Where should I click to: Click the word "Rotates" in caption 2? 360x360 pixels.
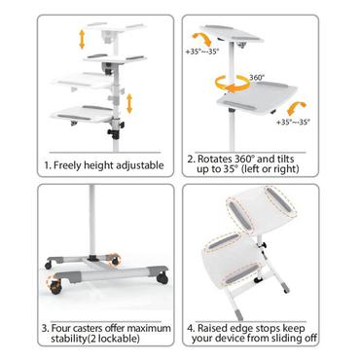click(x=231, y=159)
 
